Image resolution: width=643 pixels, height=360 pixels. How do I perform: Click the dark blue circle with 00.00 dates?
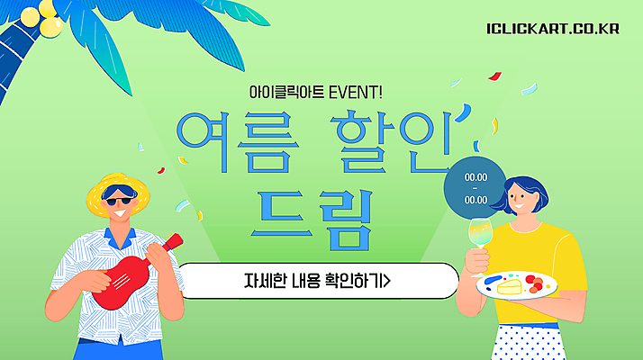475,187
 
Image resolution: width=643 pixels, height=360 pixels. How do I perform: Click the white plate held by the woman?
517,286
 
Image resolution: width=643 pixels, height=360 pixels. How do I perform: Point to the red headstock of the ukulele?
172,241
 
